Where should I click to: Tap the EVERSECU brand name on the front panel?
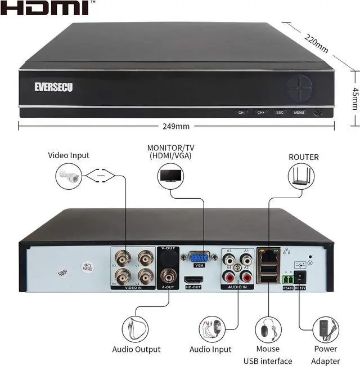coord(53,87)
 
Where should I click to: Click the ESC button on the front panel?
coord(280,112)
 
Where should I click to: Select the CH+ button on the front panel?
coord(260,112)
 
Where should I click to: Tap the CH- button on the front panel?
coord(242,112)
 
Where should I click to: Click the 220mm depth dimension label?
coord(315,41)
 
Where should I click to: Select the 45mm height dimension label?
coord(354,99)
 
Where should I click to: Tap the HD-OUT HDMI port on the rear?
coord(193,279)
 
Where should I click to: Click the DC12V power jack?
coord(300,277)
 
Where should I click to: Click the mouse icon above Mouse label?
coord(268,328)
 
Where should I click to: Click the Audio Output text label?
coord(136,350)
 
